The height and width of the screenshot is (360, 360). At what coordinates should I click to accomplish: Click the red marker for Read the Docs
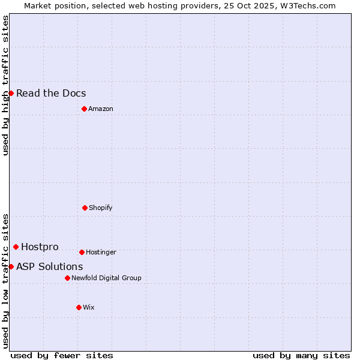click(x=11, y=93)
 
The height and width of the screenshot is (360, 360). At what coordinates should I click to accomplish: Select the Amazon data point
click(x=84, y=109)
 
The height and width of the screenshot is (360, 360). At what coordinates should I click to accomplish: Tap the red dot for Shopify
click(x=85, y=208)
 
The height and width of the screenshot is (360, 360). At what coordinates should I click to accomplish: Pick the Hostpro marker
click(x=16, y=247)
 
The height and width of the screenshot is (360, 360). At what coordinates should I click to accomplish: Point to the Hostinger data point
click(x=82, y=252)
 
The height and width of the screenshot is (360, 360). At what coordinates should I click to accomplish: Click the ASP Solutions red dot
click(x=11, y=266)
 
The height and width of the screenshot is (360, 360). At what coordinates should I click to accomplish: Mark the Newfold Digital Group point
click(x=67, y=278)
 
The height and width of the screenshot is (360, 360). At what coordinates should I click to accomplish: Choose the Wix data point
click(x=79, y=307)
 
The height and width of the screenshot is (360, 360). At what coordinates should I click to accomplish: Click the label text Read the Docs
click(x=51, y=93)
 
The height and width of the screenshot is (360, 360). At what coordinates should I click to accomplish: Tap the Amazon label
click(x=101, y=109)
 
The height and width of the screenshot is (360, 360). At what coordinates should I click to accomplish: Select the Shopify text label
click(x=101, y=208)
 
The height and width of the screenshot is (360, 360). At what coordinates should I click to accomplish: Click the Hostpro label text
click(x=40, y=247)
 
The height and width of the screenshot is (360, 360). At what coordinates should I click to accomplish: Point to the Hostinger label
click(x=101, y=252)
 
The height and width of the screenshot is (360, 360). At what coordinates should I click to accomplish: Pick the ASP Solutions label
click(x=50, y=266)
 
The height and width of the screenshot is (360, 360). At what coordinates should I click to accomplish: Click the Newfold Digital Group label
click(x=106, y=278)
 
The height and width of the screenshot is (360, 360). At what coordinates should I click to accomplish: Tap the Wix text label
click(x=89, y=307)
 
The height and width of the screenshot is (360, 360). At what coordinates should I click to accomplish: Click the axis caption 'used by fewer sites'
click(x=62, y=355)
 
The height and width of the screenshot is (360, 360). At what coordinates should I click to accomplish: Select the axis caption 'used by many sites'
click(x=301, y=355)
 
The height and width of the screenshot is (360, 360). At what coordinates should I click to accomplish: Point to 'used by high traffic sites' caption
click(x=5, y=85)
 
